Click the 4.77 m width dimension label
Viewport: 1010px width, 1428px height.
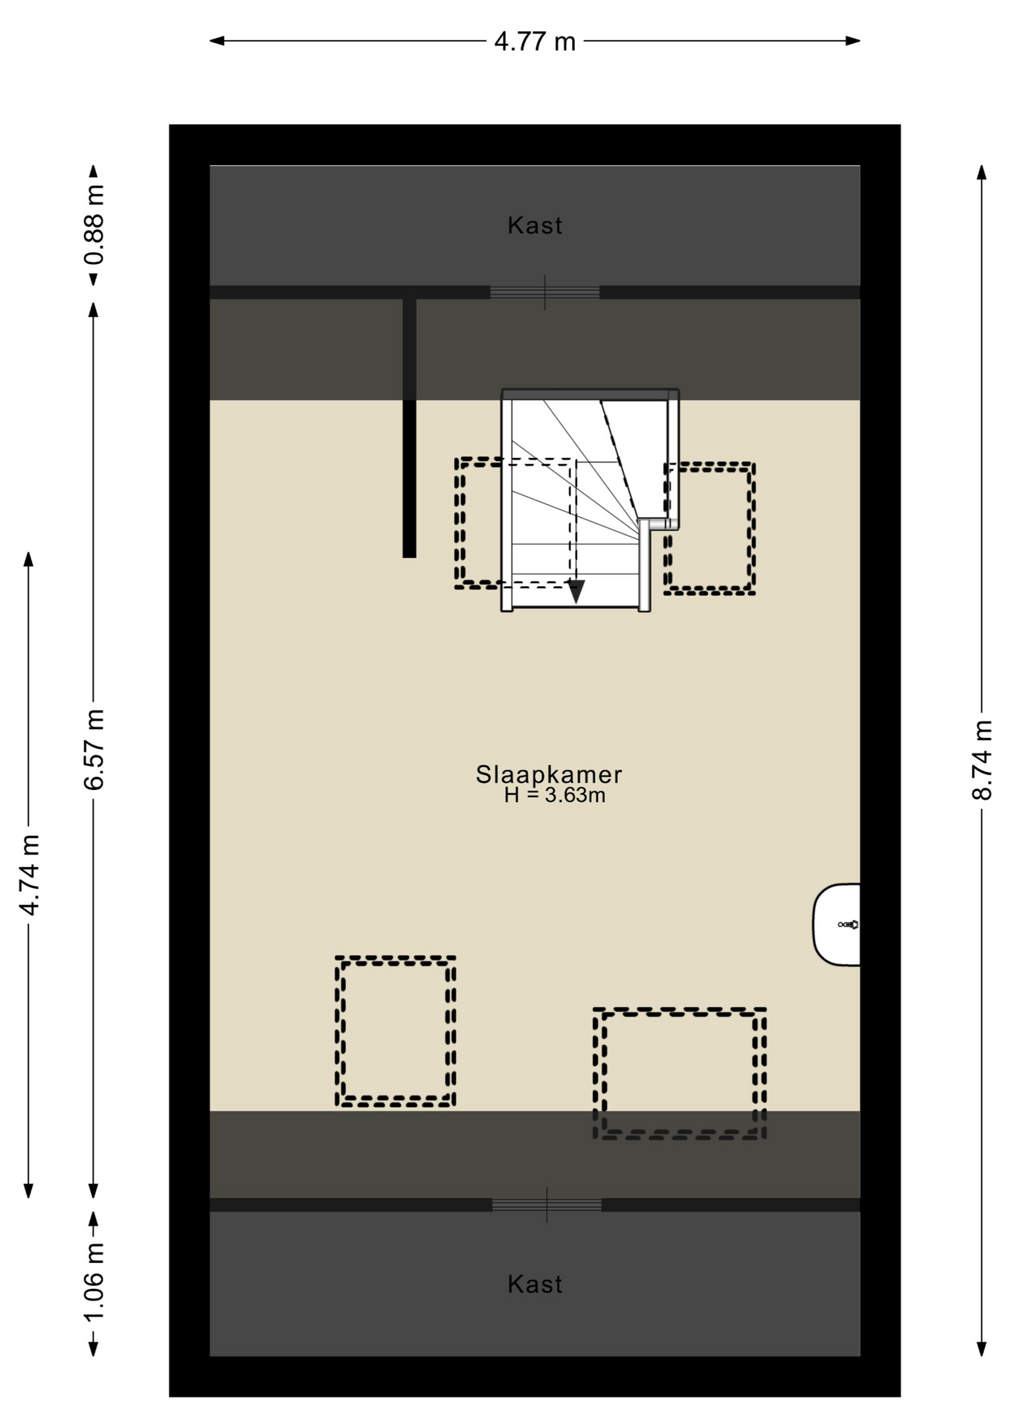535,42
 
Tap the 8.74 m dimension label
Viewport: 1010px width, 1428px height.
982,759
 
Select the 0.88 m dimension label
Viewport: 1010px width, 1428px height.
94,225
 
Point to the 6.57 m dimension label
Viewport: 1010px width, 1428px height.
94,749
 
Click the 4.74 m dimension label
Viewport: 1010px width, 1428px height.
30,875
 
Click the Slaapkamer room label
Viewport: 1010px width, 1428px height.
549,774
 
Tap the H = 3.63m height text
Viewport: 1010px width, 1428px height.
555,796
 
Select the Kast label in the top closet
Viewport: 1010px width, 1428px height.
535,225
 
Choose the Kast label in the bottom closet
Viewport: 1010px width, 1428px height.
535,1284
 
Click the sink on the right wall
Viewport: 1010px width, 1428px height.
837,924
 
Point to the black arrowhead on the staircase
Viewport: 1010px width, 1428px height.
576,592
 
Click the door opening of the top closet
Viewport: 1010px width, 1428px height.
545,292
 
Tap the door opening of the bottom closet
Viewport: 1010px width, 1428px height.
547,1204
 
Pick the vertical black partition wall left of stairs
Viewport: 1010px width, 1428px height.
409,428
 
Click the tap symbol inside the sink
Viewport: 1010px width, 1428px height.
849,924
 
